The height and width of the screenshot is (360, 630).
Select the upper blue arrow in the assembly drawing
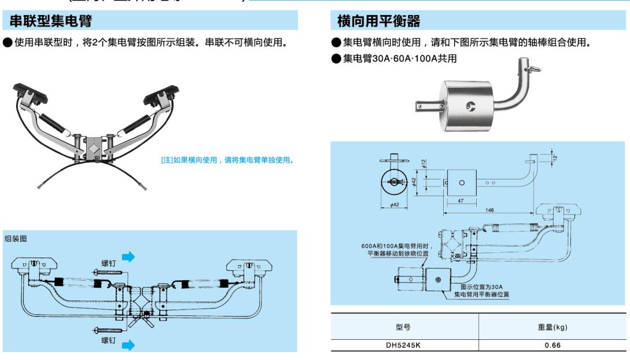point(128,256)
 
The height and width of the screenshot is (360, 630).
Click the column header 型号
point(404,327)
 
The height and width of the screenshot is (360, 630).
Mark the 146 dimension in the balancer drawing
point(490,211)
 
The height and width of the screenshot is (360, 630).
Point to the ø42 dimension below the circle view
point(393,204)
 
